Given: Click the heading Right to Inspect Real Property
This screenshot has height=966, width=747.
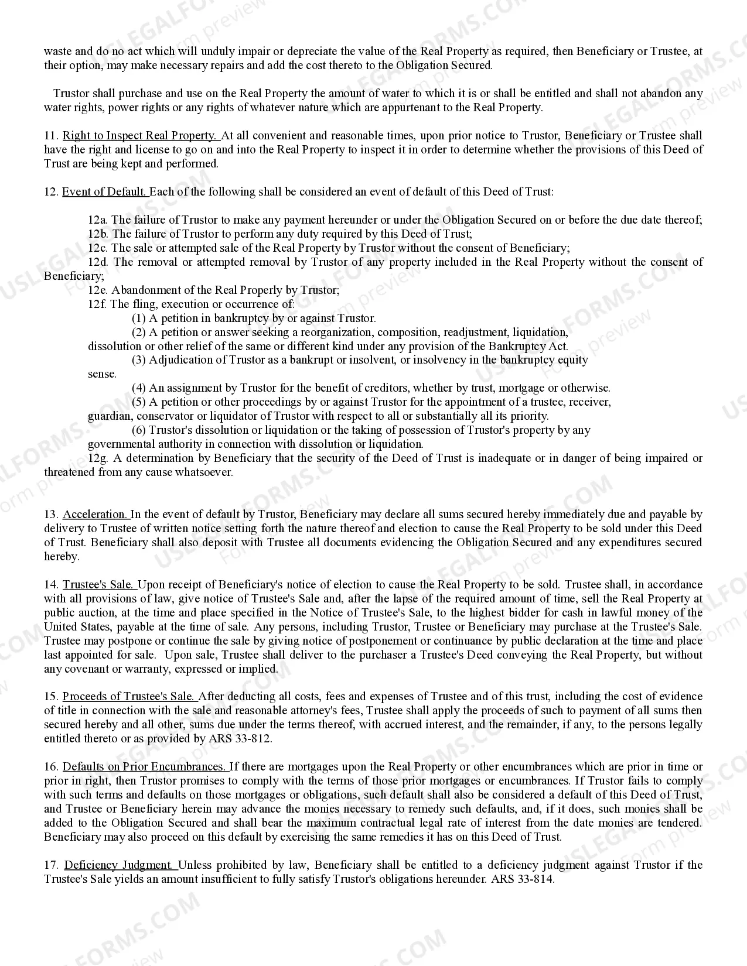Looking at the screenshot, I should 139,136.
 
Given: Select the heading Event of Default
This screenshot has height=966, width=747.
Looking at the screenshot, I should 104,192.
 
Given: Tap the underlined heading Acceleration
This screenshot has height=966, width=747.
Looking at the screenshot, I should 95,515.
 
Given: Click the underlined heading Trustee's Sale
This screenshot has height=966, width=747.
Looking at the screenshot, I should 98,585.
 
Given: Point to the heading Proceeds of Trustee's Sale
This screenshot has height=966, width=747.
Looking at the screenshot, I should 129,697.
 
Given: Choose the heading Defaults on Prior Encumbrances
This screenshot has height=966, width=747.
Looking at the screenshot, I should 144,767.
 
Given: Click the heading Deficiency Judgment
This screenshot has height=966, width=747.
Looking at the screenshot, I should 119,865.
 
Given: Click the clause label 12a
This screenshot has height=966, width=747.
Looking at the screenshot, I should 97,220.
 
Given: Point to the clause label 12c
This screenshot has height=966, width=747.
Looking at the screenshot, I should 97,248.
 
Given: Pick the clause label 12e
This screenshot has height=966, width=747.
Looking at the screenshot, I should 97,290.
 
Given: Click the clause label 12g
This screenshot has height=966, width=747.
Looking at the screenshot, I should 97,458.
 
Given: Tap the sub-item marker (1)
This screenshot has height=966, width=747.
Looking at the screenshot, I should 139,318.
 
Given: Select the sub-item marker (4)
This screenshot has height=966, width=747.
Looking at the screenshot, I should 139,388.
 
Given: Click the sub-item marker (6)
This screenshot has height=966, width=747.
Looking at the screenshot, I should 139,430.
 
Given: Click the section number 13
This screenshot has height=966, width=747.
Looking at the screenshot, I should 51,515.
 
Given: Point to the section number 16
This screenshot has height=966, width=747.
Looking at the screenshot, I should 51,767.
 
